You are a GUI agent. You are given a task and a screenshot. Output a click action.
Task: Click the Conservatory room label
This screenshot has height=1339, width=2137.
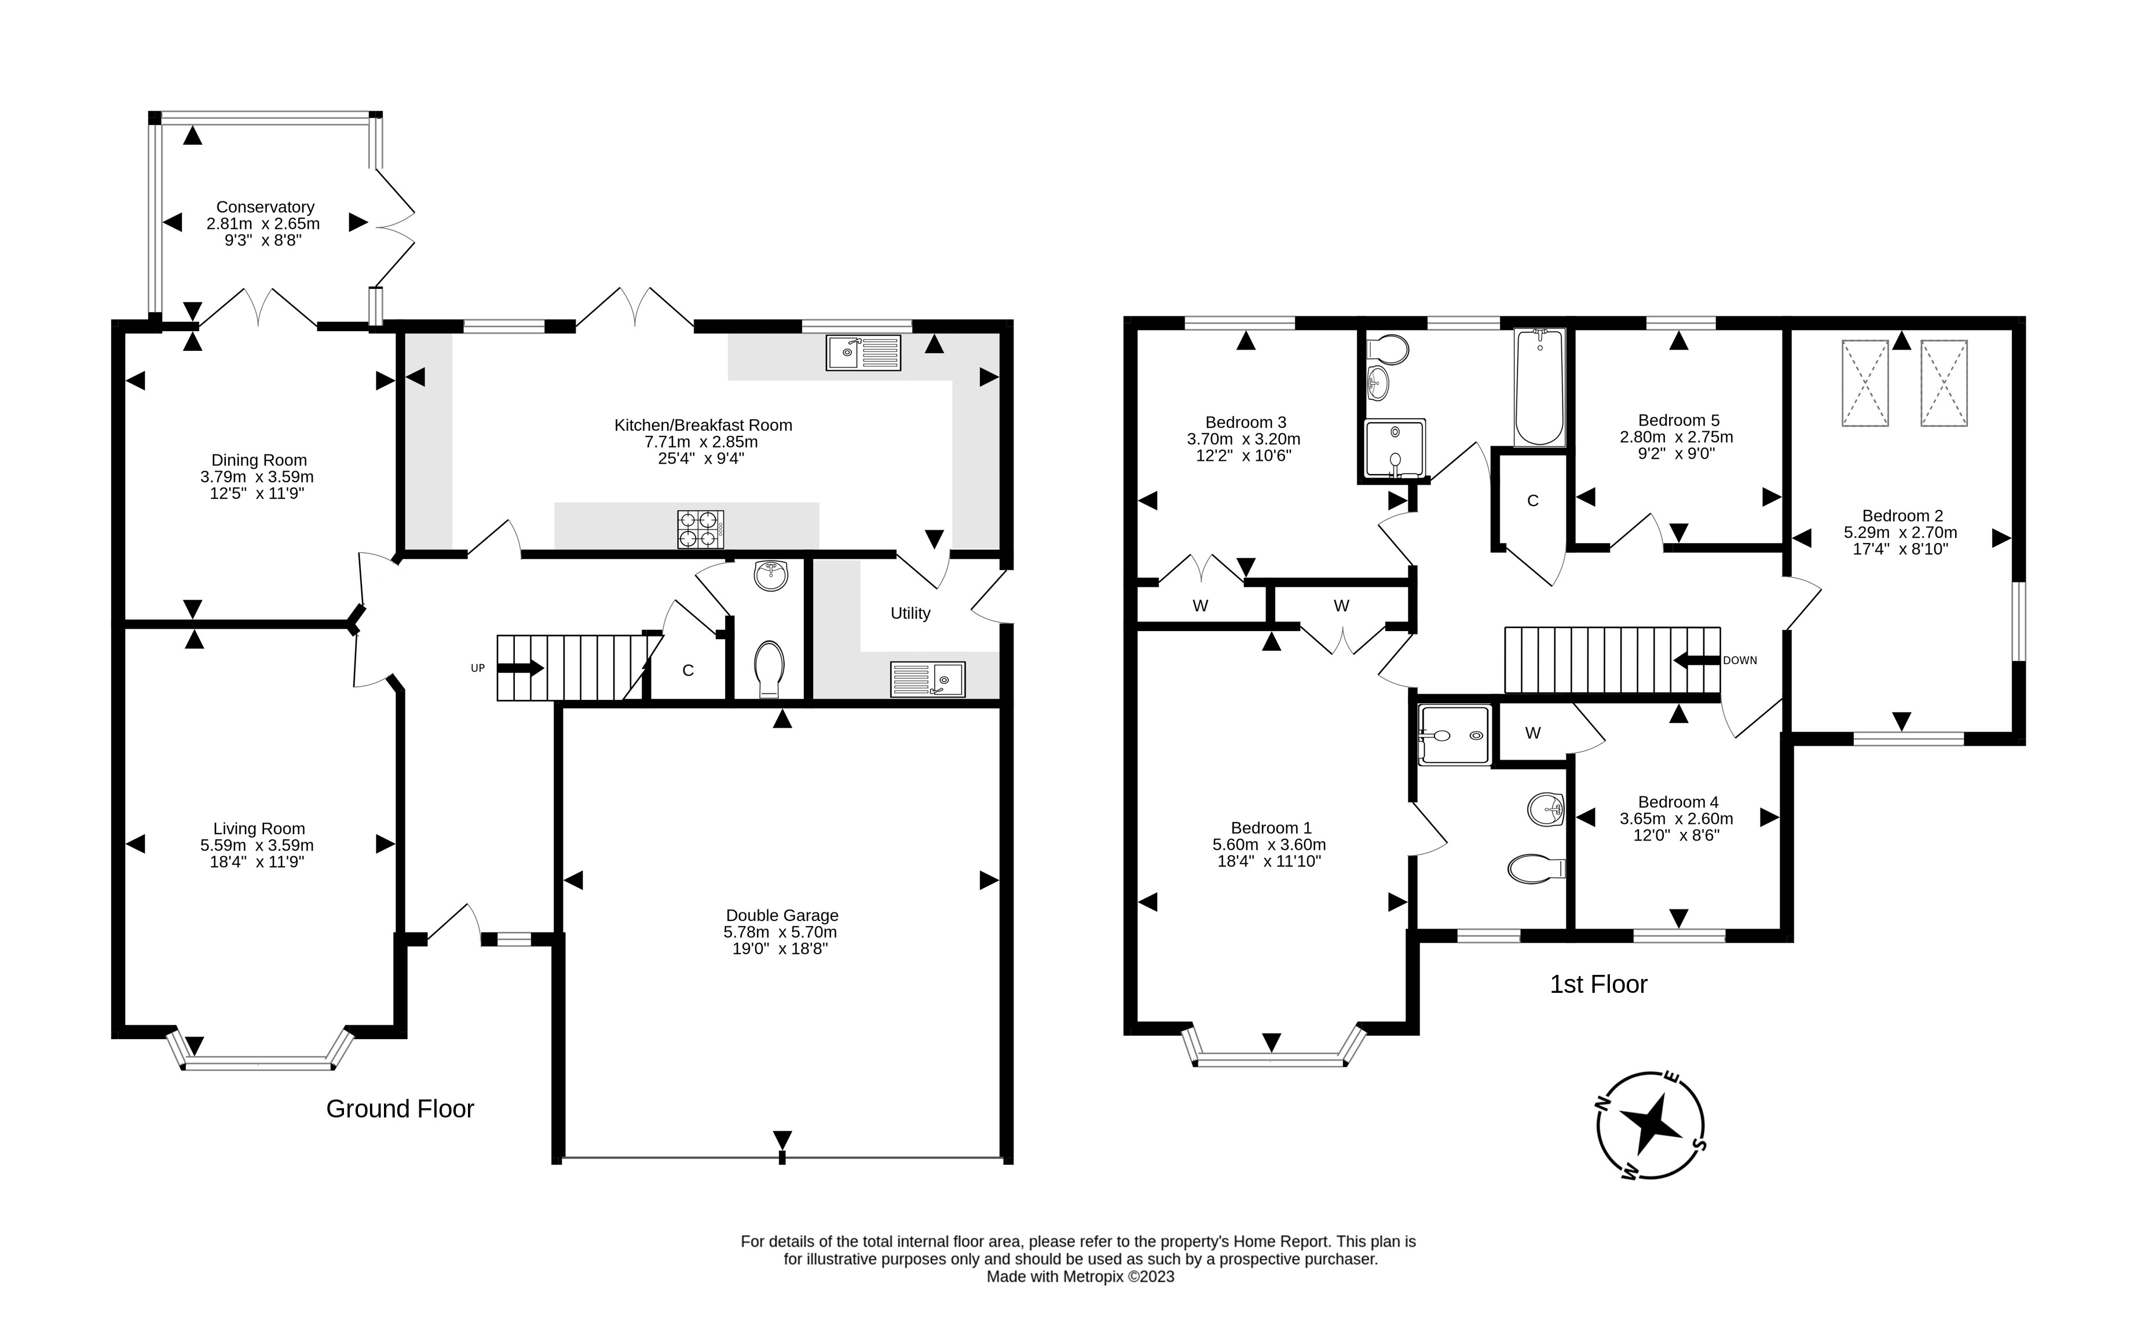point(265,207)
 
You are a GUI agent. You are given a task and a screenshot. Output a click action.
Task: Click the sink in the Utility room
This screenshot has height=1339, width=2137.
point(928,679)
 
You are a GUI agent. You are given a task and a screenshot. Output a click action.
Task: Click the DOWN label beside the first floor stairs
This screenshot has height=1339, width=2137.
point(1739,661)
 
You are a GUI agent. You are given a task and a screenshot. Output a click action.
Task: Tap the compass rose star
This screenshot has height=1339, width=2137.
point(1651,1125)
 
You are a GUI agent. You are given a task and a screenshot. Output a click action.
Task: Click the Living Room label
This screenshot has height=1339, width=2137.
point(259,829)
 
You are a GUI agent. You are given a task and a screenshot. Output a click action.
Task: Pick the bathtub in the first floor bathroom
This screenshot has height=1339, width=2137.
point(1540,387)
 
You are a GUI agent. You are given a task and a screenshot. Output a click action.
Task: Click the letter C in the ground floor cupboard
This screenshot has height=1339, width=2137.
point(687,670)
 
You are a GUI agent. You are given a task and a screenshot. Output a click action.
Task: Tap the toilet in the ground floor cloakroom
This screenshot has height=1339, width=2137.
point(769,669)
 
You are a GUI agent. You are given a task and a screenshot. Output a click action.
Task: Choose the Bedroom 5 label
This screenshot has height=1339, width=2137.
point(1678,420)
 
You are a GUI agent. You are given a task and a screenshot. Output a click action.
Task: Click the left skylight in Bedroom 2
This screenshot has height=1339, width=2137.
point(1865,383)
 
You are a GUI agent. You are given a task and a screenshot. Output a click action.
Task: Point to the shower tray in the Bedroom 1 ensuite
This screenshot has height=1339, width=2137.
point(1454,734)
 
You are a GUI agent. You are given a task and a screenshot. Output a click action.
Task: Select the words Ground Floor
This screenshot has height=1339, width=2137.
point(400,1109)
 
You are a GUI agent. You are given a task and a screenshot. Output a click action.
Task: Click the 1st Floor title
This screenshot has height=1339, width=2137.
point(1598,984)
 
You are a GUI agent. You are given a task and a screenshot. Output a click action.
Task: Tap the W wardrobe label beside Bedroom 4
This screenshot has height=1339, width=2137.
point(1533,732)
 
